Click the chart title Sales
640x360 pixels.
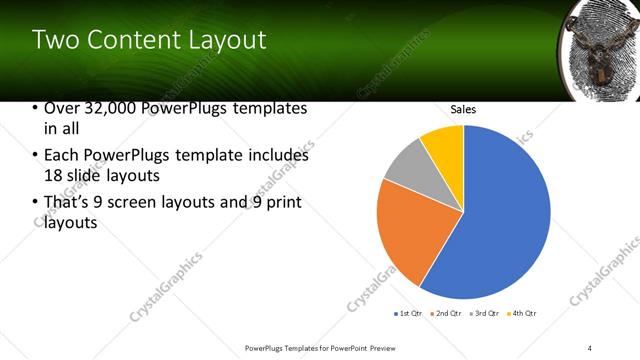click(x=463, y=109)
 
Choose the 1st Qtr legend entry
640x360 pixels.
click(x=410, y=314)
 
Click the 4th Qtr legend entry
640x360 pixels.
click(x=523, y=314)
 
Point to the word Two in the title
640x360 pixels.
click(x=52, y=40)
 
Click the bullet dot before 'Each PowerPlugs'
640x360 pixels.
click(x=36, y=156)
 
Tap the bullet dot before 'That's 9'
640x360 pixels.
click(x=36, y=203)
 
